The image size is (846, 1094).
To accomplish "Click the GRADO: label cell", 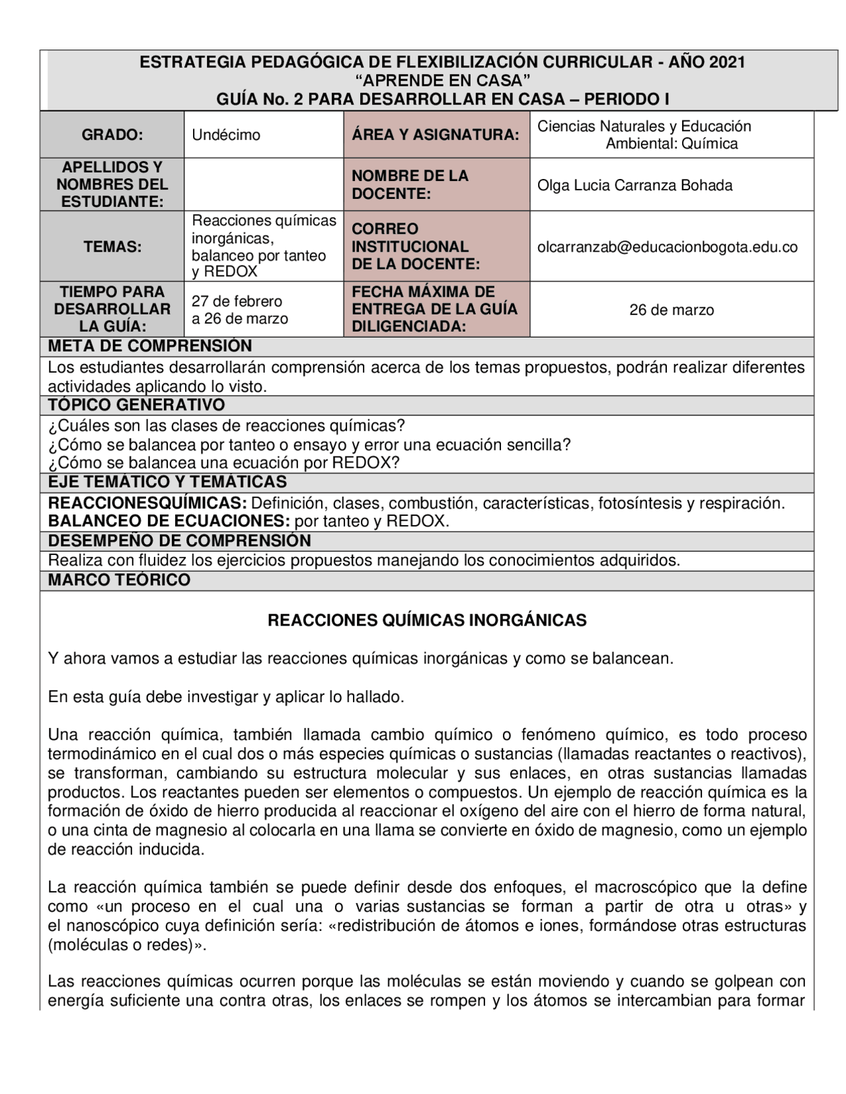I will click(x=112, y=135).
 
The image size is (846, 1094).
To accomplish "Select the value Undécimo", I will click(x=226, y=135).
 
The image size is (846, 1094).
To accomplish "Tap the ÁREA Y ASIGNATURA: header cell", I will click(x=436, y=135).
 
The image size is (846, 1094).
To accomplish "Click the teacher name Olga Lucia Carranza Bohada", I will click(x=634, y=185).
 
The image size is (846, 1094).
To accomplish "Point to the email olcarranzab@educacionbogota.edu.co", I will click(x=668, y=247).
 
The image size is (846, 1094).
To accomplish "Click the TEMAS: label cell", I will click(x=112, y=247).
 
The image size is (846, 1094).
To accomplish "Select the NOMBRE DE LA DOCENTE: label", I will click(x=410, y=185).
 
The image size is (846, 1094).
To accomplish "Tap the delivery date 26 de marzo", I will click(x=672, y=310).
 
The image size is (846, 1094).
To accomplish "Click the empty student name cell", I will click(x=264, y=185).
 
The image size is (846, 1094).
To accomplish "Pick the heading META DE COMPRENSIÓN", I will click(x=150, y=346).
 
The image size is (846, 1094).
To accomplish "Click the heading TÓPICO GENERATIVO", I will click(x=137, y=405).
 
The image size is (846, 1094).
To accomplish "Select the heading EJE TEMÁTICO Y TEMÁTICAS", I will click(x=167, y=482).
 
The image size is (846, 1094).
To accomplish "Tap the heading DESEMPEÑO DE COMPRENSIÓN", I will click(x=180, y=541).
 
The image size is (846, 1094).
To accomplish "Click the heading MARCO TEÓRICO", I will click(x=120, y=580).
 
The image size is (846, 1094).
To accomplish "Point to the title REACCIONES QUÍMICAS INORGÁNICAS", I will click(x=427, y=620).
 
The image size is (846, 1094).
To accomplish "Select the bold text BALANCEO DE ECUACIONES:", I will click(x=169, y=521).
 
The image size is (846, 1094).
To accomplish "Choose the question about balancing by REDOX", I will click(x=224, y=462).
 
